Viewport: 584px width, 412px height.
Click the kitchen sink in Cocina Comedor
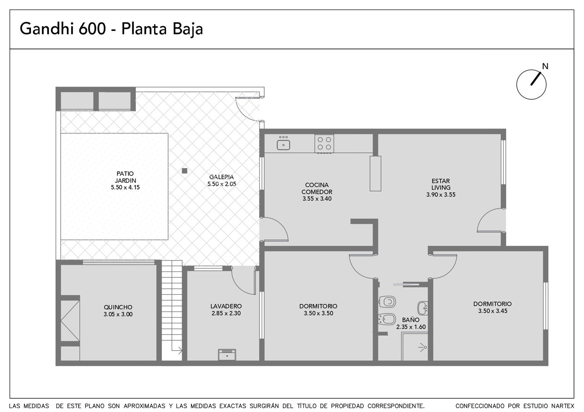[x=283, y=145]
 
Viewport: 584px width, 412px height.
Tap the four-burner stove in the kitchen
[x=324, y=144]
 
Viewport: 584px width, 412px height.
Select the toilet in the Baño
[x=387, y=302]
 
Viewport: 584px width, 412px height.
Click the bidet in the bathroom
[x=387, y=319]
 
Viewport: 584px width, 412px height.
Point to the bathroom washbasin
[x=423, y=308]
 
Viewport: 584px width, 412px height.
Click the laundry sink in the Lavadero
[x=227, y=355]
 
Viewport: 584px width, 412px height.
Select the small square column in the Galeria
[x=185, y=171]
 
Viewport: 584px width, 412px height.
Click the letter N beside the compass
[x=545, y=66]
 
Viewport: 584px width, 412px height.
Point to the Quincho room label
[x=118, y=307]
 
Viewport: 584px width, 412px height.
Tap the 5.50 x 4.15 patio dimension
[x=125, y=187]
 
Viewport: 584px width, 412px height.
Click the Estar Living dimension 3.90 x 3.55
[x=441, y=195]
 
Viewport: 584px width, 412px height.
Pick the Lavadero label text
[x=226, y=306]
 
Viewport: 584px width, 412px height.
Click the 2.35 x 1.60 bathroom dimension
[x=411, y=327]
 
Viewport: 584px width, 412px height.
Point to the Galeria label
[x=222, y=177]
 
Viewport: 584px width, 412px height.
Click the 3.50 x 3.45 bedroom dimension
[x=493, y=311]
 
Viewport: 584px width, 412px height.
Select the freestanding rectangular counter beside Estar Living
[x=375, y=174]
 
